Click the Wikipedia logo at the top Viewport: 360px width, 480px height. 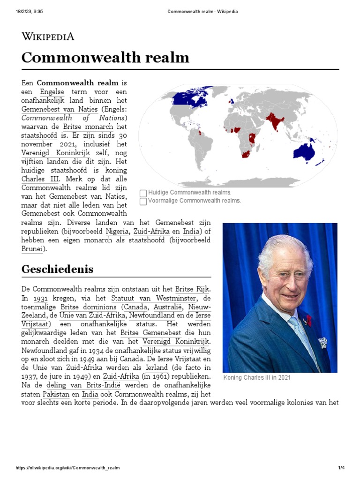(48, 36)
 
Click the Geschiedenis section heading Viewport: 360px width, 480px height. (58, 269)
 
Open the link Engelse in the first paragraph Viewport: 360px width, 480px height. (52, 91)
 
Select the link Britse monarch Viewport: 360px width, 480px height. (88, 127)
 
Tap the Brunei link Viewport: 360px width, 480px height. (32, 249)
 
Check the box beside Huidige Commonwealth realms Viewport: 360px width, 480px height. (143, 193)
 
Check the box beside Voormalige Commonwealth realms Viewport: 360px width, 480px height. (143, 202)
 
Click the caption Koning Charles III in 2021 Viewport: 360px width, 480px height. (257, 378)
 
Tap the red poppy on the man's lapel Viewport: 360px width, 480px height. (308, 320)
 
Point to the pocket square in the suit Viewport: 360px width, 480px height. (323, 343)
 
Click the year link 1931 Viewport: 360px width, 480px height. (40, 298)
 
